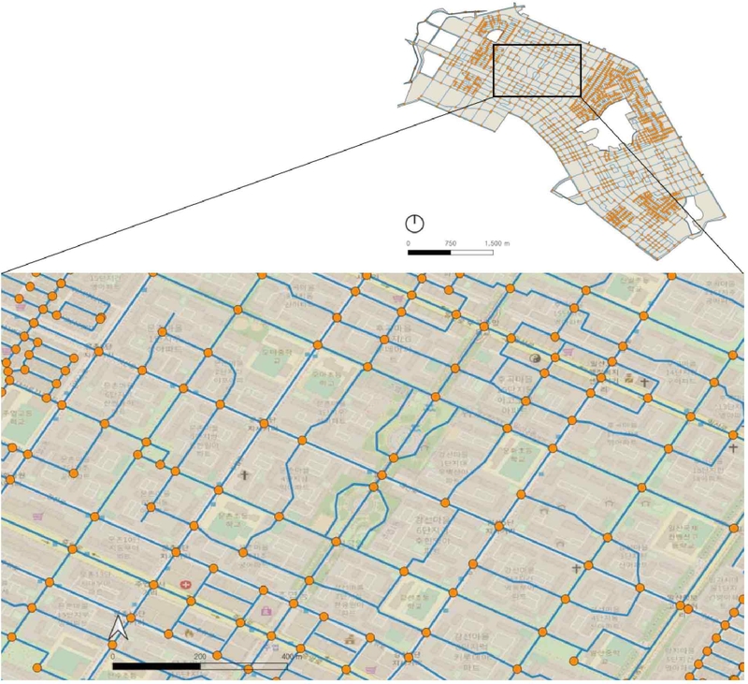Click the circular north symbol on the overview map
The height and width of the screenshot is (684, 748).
click(x=414, y=224)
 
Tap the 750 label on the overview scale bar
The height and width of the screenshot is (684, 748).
click(x=451, y=242)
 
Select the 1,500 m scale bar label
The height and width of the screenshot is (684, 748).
click(x=496, y=242)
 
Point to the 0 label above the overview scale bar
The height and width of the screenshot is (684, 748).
click(x=409, y=242)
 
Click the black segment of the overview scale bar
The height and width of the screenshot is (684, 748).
click(x=429, y=252)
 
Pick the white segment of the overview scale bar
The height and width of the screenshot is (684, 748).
click(x=472, y=252)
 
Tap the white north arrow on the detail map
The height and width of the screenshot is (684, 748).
click(x=119, y=628)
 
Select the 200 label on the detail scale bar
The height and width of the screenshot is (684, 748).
click(x=199, y=656)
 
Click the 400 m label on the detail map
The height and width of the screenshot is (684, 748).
click(x=293, y=656)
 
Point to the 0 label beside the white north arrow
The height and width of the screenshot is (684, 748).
click(x=112, y=656)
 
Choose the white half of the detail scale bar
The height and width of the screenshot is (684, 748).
click(x=244, y=666)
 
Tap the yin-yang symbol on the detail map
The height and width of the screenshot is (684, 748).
click(x=536, y=358)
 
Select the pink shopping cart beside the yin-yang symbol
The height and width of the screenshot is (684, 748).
click(x=568, y=354)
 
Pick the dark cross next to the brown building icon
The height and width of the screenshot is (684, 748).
click(x=644, y=381)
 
